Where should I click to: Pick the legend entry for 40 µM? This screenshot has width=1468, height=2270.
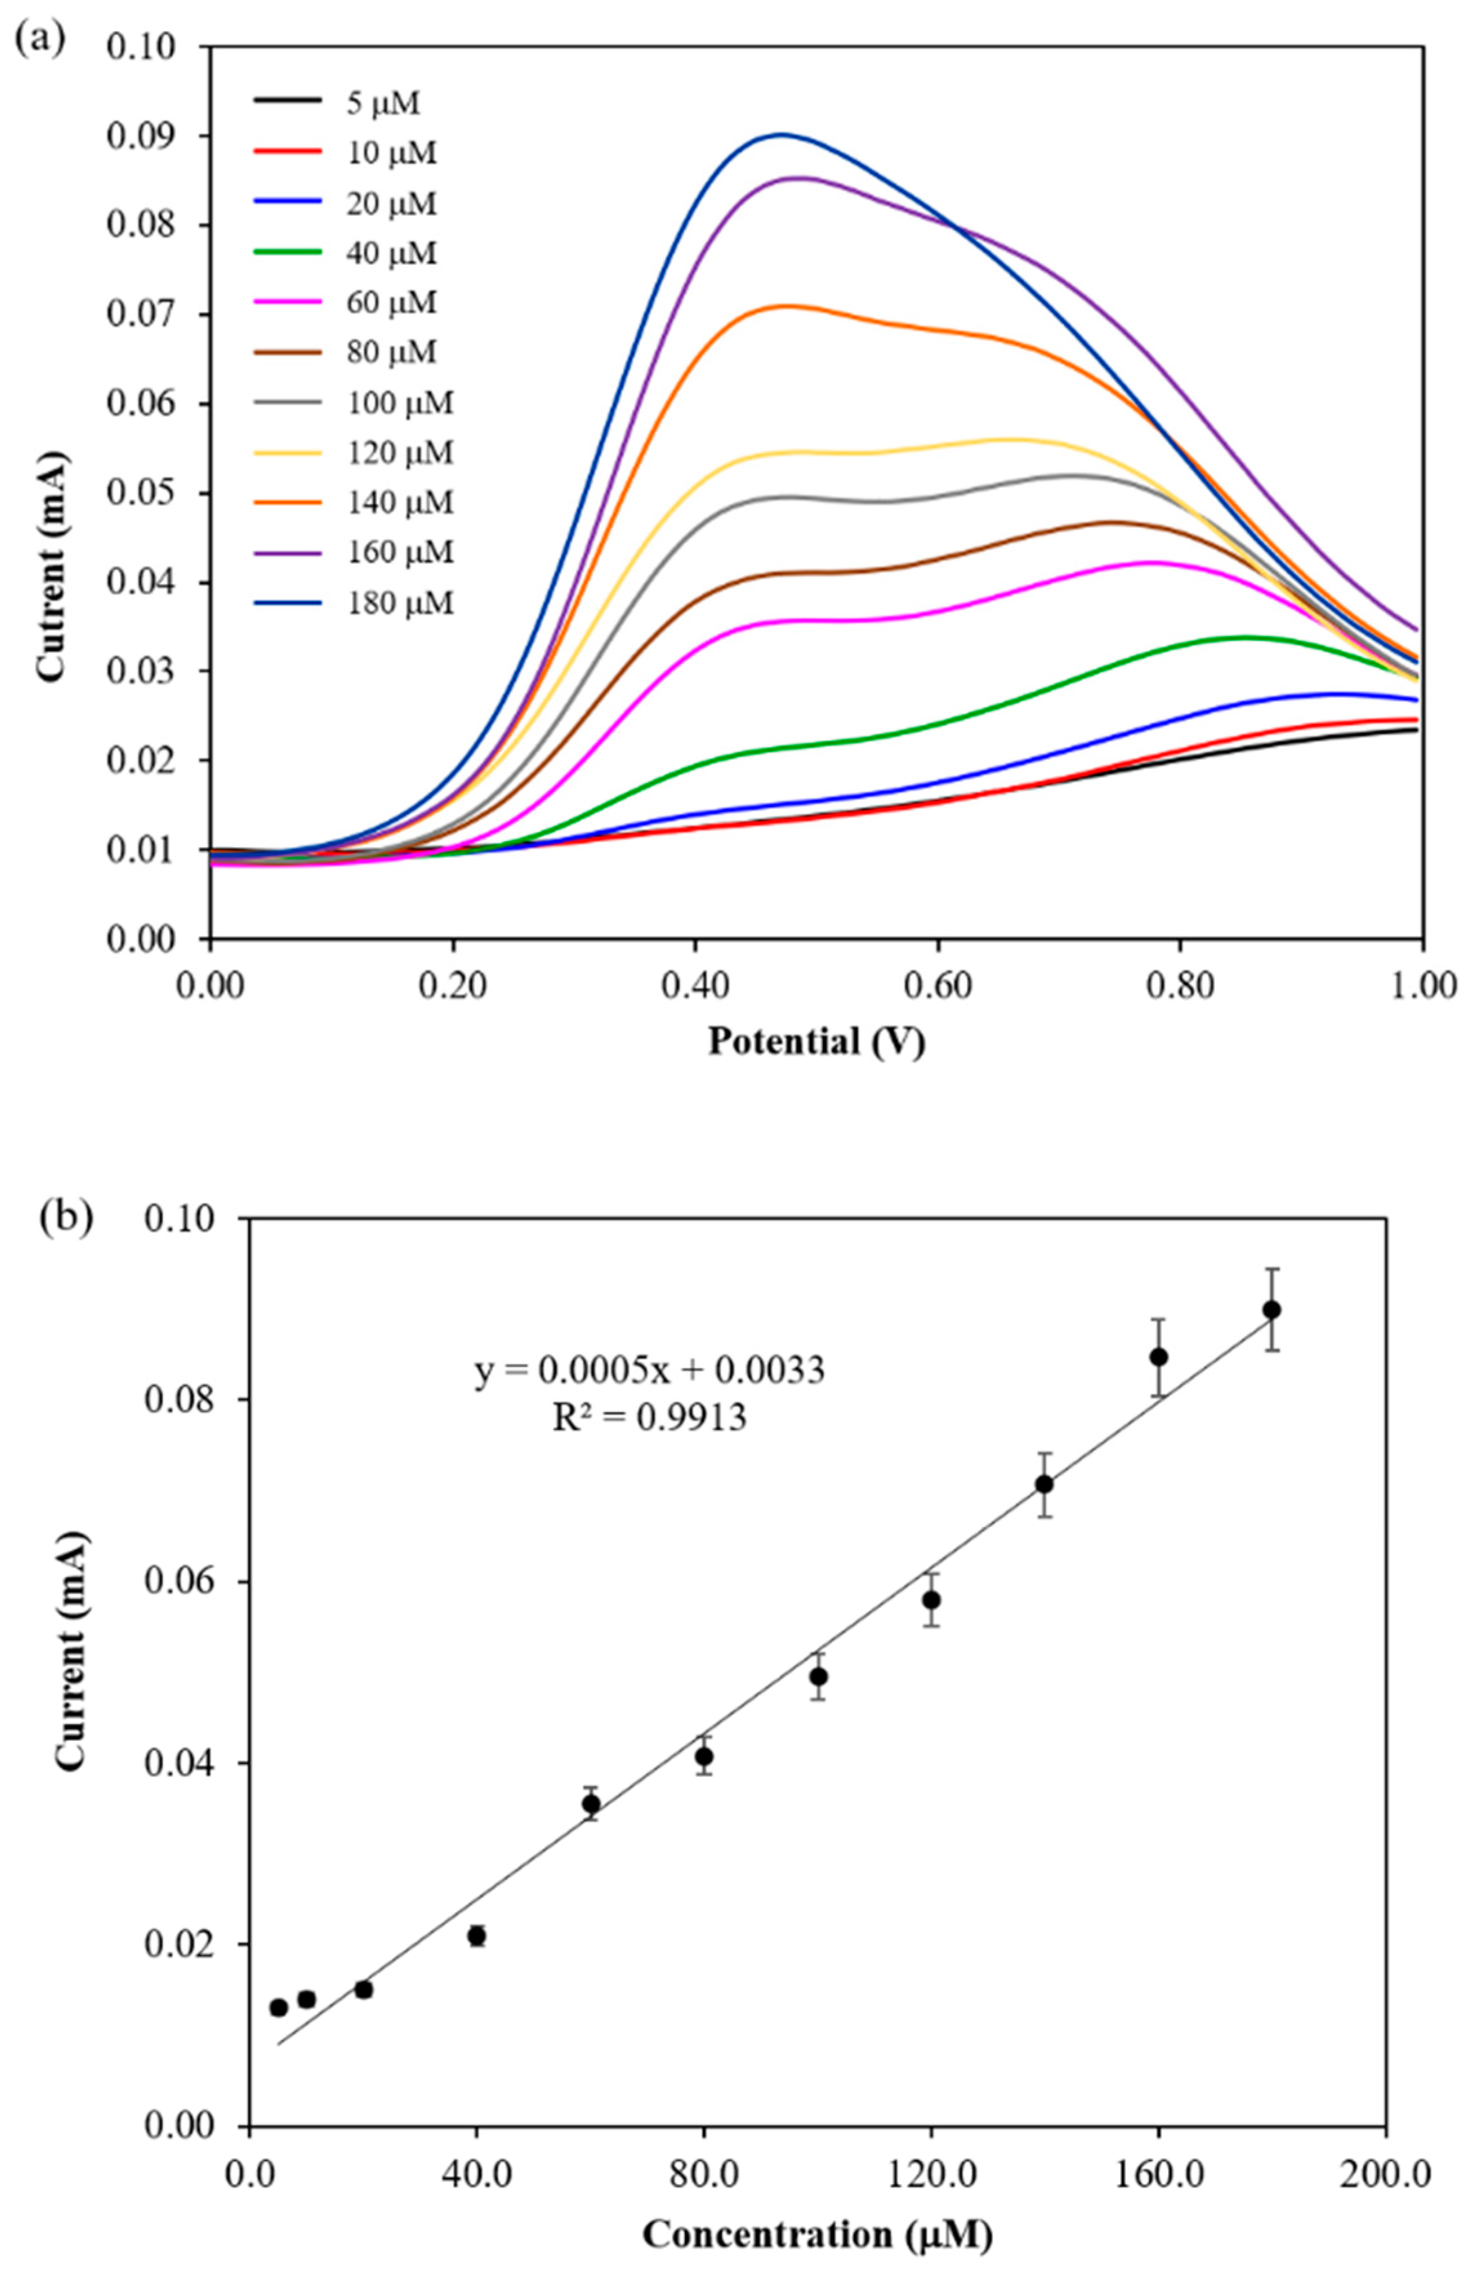coord(391,253)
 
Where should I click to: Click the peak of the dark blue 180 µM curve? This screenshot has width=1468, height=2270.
coord(782,135)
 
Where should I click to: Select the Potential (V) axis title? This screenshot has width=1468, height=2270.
coord(816,1041)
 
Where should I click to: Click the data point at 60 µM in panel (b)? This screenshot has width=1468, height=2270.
coord(591,1804)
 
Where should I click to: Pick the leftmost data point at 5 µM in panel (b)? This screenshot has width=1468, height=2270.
coord(278,2008)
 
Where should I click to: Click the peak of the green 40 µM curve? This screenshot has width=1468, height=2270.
coord(1244,637)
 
